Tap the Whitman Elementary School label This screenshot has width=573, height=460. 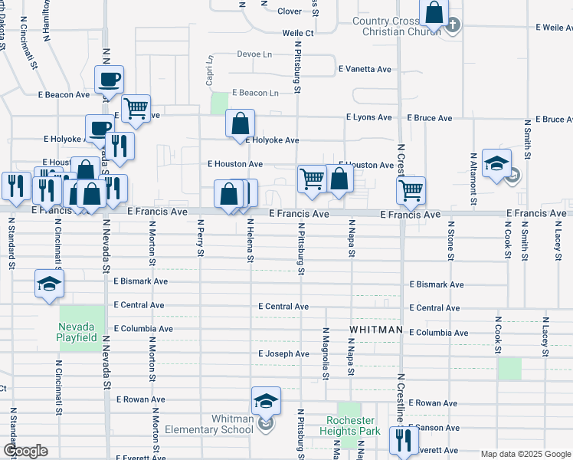click(232, 424)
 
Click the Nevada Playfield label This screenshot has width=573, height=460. click(77, 332)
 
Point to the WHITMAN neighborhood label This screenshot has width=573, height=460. click(375, 329)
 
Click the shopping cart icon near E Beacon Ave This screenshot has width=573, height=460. click(136, 109)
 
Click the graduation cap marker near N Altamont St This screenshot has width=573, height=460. click(496, 163)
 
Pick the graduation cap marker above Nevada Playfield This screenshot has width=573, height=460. click(49, 284)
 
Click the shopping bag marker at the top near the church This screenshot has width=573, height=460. click(434, 12)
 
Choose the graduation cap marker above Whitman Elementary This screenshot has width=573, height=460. click(266, 401)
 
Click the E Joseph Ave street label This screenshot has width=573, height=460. click(283, 354)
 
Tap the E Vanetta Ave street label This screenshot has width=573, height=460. click(365, 69)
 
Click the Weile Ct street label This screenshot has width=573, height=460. click(298, 34)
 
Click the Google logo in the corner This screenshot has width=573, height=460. click(25, 451)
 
